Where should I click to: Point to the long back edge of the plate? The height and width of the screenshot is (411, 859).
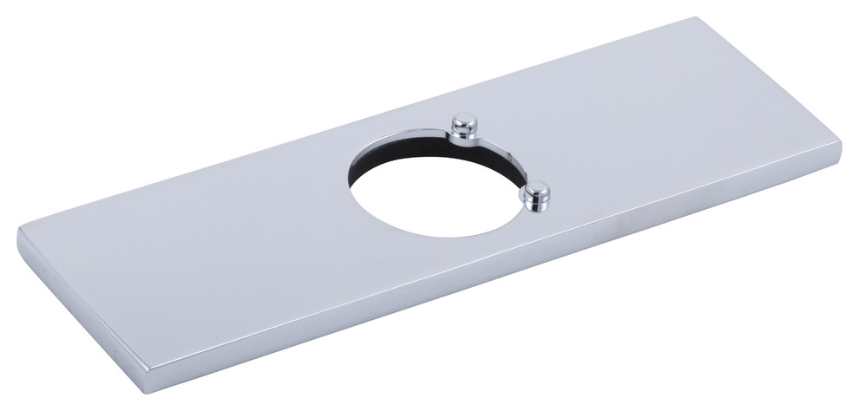[x=347, y=114]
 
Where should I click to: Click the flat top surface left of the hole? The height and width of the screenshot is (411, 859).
[x=217, y=234]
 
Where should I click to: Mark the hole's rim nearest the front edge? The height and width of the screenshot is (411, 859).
[x=451, y=237]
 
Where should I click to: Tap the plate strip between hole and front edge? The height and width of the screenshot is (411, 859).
[x=434, y=260]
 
